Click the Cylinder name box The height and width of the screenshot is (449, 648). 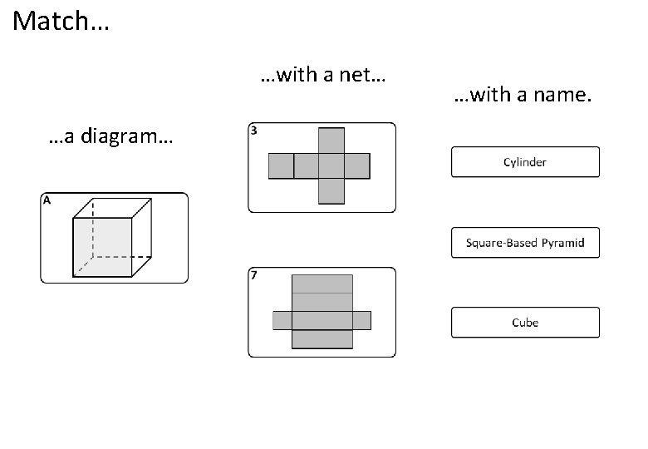[525, 162]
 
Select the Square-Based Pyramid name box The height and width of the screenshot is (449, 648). [525, 243]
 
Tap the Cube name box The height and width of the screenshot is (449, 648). [525, 323]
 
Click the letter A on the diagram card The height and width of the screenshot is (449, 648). [47, 200]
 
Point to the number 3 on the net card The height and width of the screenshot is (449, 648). [254, 131]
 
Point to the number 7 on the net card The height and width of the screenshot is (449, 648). [254, 275]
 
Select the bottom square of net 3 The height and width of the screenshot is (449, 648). [332, 191]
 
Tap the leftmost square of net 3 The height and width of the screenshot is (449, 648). [281, 165]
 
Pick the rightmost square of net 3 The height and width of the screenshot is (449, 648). [358, 165]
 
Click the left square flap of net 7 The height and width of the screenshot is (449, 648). [282, 320]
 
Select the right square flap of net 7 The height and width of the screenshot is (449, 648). [361, 320]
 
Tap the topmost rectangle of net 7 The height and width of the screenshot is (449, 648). [322, 284]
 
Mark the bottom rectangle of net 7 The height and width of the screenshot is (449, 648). [322, 339]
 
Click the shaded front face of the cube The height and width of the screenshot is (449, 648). [103, 246]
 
